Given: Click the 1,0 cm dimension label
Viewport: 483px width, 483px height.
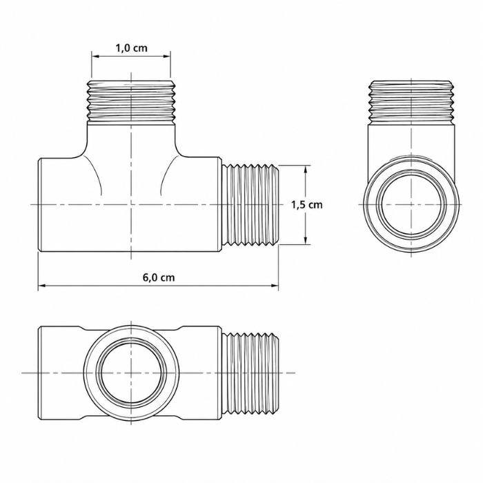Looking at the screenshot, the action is [x=132, y=48].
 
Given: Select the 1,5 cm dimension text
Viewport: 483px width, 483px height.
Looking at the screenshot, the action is [x=307, y=204].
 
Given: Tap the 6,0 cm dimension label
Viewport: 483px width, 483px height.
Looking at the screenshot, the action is [x=159, y=277].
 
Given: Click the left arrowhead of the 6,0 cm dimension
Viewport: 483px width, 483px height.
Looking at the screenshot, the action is [x=42, y=286].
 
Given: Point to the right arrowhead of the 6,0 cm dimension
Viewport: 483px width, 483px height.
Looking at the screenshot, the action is [x=275, y=286].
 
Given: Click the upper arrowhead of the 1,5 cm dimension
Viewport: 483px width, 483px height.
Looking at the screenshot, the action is [x=306, y=170].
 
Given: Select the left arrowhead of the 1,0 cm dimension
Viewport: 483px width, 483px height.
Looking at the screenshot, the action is [x=95, y=56].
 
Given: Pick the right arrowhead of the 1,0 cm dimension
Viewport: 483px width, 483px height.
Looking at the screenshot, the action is [x=167, y=56].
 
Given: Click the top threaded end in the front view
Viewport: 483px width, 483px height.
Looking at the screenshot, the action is [x=132, y=101].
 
